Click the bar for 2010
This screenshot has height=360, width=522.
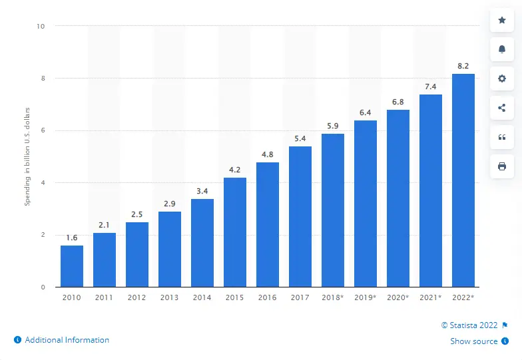coord(72,266)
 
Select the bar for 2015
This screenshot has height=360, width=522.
coord(235,232)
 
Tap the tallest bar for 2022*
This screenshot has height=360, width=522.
coord(463,180)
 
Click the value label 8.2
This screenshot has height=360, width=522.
coord(463,66)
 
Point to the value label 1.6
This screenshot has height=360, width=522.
coord(72,238)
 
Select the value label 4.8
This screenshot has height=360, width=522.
coord(268,154)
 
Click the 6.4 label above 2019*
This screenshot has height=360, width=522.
coord(366,112)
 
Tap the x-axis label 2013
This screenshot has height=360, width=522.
coord(170,297)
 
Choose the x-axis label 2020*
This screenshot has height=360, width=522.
coord(398,297)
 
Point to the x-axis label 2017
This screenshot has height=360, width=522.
coord(300,297)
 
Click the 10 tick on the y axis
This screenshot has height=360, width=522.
coord(41,27)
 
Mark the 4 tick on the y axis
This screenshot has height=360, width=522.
coord(43,183)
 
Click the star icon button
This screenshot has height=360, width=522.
coord(502,21)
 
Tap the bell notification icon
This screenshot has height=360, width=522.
coord(502,49)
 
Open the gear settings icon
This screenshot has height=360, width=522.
coord(502,79)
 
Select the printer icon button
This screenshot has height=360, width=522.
coord(502,166)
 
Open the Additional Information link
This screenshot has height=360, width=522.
coord(67,340)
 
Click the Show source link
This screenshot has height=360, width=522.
coord(473,341)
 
